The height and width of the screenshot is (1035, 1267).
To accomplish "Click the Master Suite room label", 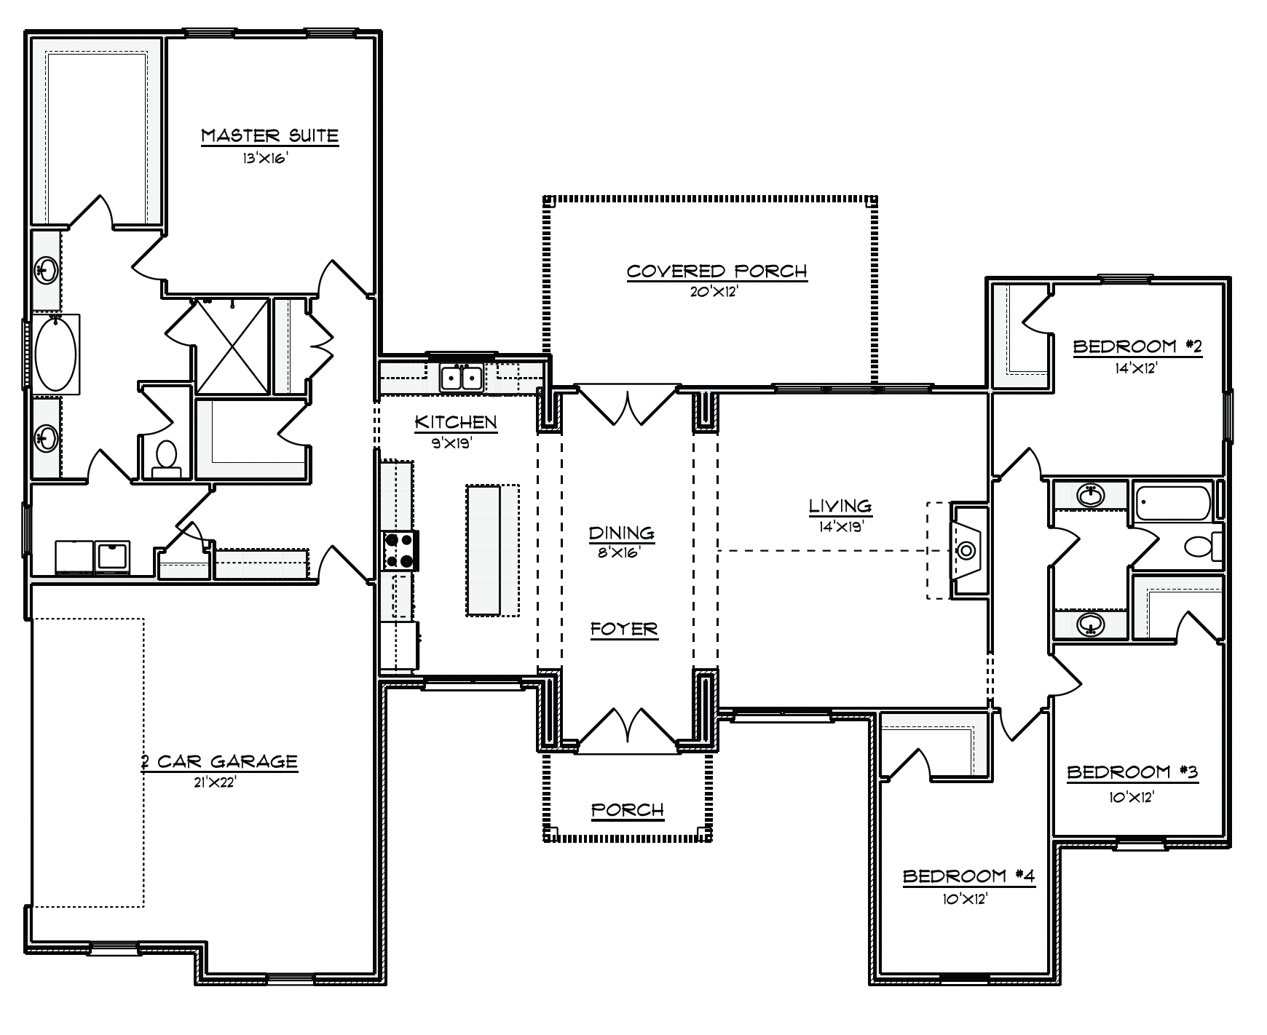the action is (x=269, y=135).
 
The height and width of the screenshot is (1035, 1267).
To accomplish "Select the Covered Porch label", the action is (x=717, y=271).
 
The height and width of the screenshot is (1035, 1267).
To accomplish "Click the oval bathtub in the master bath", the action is (x=56, y=354).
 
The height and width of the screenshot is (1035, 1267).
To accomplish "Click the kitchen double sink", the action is (x=461, y=378).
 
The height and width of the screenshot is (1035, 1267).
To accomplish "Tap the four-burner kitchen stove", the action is (x=400, y=551).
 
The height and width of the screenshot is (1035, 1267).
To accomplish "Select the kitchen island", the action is (x=484, y=550).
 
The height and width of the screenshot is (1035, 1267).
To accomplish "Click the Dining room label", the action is (x=622, y=534).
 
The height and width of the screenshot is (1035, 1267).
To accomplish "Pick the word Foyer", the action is (x=624, y=629).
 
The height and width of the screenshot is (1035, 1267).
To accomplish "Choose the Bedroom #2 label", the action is (x=1137, y=346).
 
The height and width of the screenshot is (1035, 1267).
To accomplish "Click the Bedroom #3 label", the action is (x=1132, y=772).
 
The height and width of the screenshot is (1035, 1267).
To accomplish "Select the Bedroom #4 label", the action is (x=968, y=876).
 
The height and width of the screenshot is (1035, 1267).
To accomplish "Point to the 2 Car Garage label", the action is (x=219, y=762).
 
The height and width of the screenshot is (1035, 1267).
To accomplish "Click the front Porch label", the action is (x=628, y=810).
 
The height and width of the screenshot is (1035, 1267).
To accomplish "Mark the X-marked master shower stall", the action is (x=232, y=346).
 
